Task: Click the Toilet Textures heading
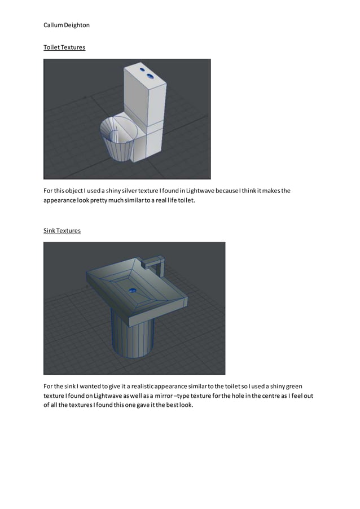pos(64,47)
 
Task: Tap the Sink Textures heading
pos(62,230)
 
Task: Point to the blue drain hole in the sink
pos(133,291)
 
